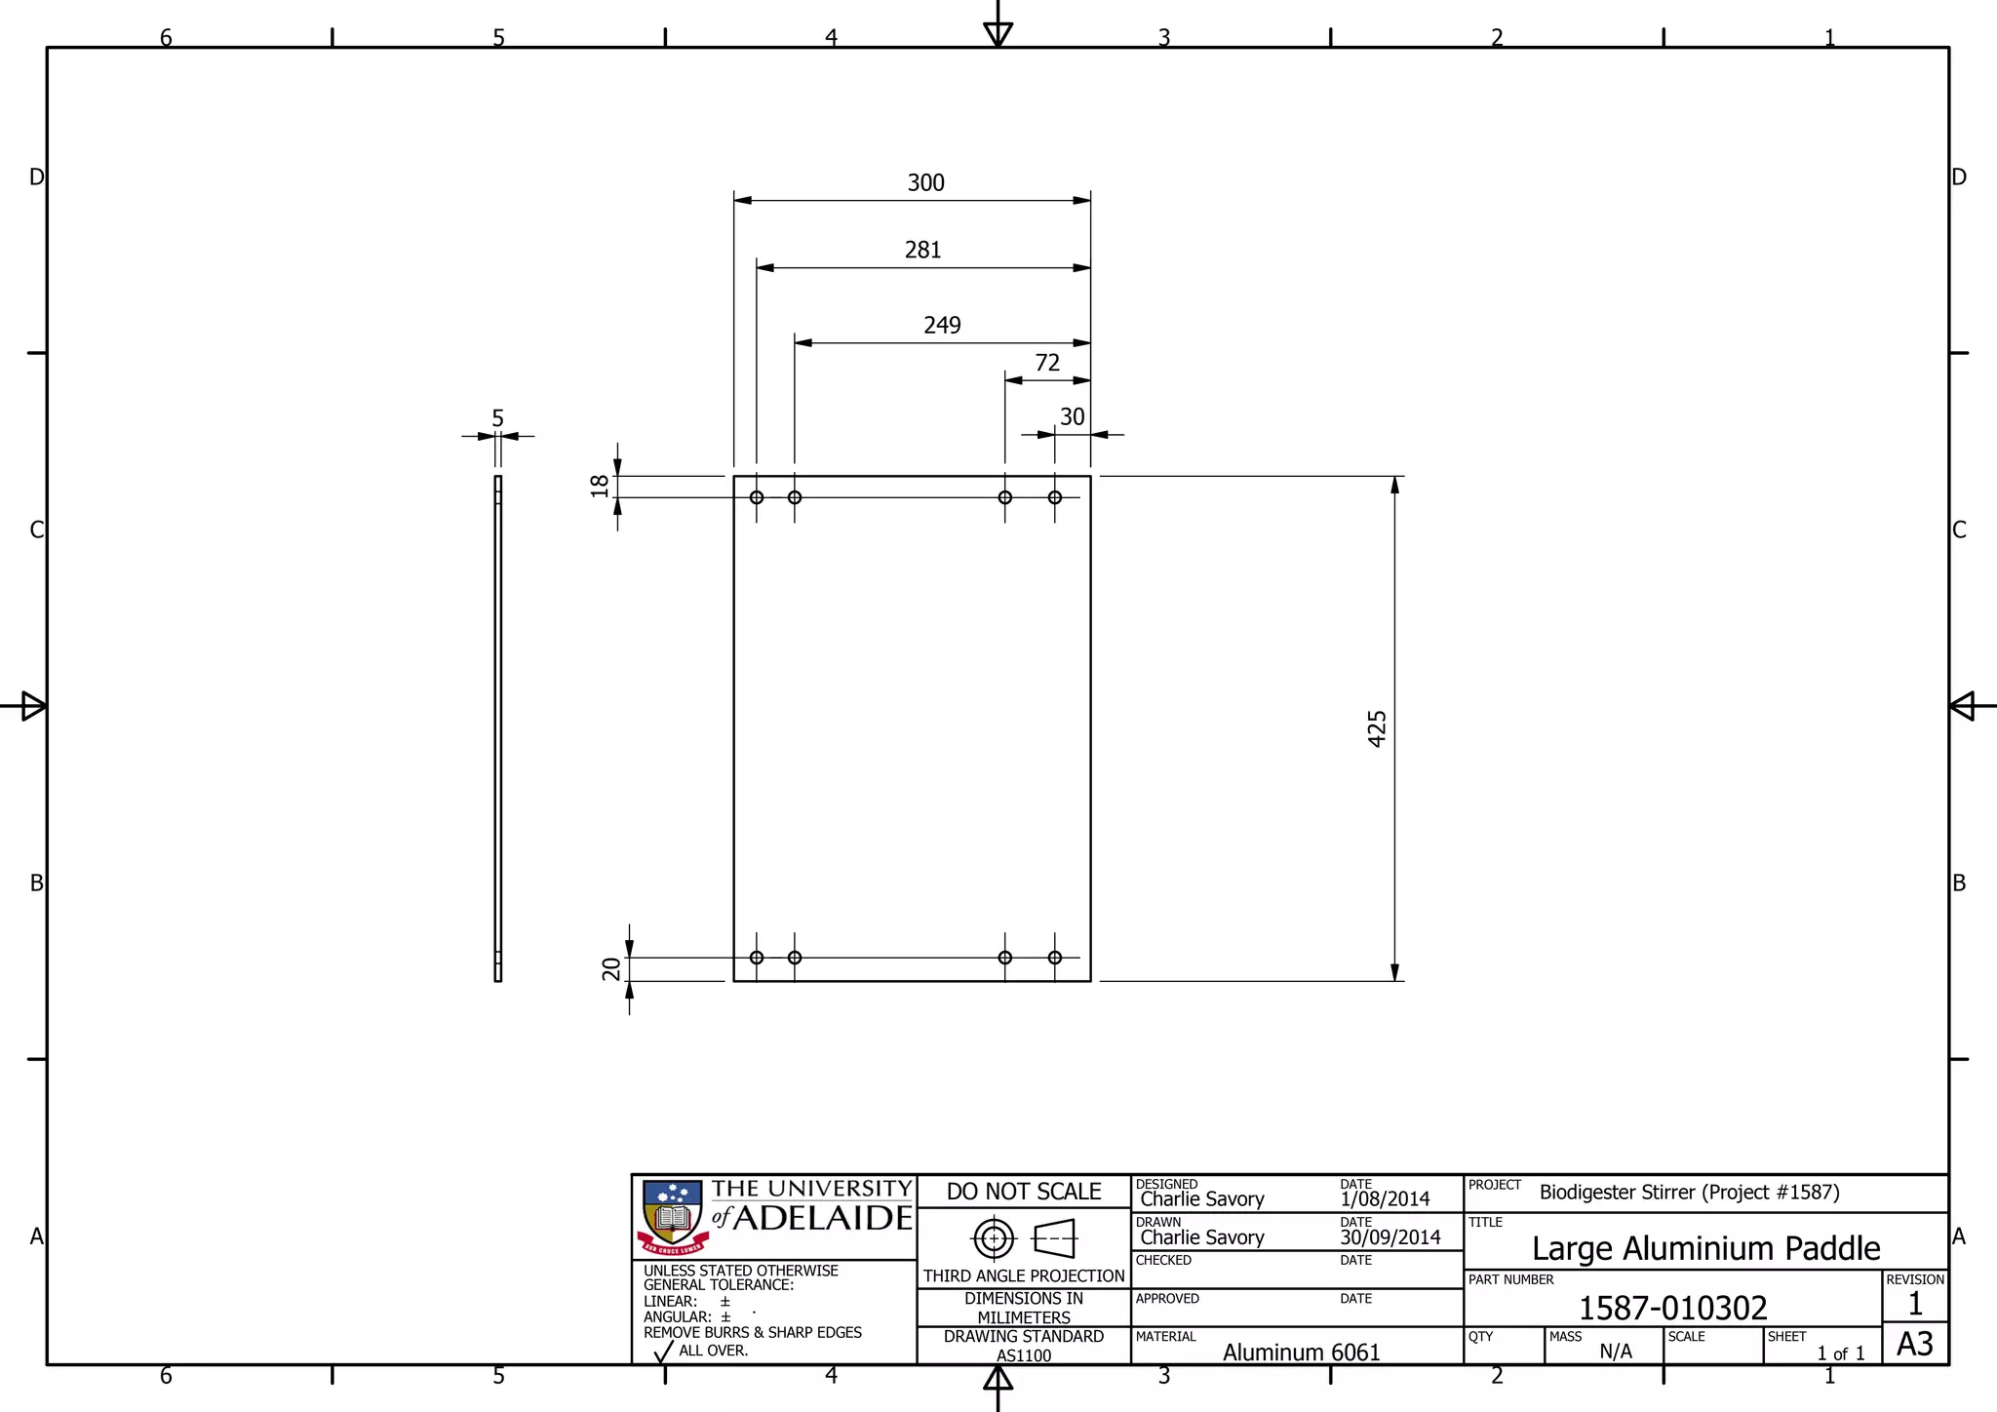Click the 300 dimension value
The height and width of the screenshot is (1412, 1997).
(x=925, y=183)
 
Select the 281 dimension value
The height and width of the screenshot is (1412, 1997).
(x=922, y=251)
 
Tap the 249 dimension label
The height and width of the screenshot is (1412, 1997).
(x=942, y=326)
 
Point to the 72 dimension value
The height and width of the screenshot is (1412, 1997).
(x=1047, y=363)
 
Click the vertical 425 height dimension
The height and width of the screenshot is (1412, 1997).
(x=1377, y=728)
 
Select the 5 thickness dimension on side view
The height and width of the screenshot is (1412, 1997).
(x=497, y=418)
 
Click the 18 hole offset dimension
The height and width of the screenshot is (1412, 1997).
(x=600, y=486)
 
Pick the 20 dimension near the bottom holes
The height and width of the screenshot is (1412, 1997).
(x=611, y=968)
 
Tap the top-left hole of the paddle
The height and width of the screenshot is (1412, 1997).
(x=757, y=497)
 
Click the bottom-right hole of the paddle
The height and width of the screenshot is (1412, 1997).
(x=1055, y=958)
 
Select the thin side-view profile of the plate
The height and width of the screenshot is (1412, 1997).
(x=498, y=728)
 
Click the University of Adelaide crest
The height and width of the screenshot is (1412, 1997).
(x=673, y=1217)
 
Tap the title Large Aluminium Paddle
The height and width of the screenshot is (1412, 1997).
(x=1705, y=1248)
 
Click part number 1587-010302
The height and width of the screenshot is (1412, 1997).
(x=1672, y=1308)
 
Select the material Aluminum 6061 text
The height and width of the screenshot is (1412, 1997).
(x=1301, y=1353)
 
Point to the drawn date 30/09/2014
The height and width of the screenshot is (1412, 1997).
(x=1390, y=1237)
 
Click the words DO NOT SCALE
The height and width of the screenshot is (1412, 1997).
(x=1024, y=1192)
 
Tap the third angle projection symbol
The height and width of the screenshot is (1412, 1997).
(x=1024, y=1239)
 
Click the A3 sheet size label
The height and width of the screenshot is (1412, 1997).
(x=1914, y=1344)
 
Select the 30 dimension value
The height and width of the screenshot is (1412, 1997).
(x=1072, y=417)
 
